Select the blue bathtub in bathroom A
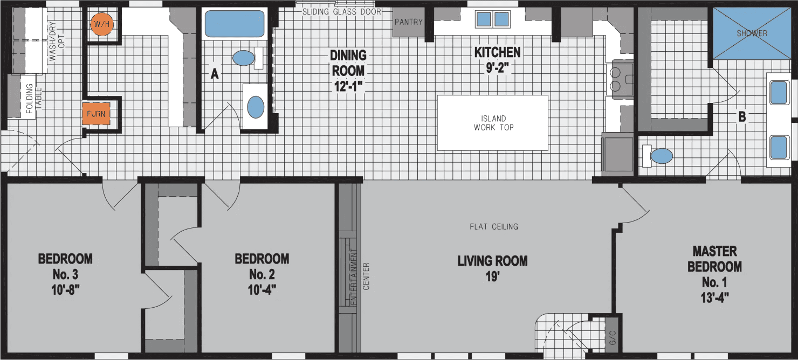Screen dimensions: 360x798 point(233,24)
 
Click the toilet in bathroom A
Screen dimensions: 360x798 point(246,58)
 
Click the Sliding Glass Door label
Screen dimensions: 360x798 point(341,12)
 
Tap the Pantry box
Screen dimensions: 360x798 point(408,23)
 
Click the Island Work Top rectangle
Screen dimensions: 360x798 point(492,123)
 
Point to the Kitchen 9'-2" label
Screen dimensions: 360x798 point(497,60)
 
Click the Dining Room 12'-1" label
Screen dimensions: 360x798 point(348,71)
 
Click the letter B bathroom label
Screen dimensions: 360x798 point(742,116)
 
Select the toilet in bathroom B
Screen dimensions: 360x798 point(659,156)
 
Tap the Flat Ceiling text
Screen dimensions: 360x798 point(493,226)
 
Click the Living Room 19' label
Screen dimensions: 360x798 point(492,268)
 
